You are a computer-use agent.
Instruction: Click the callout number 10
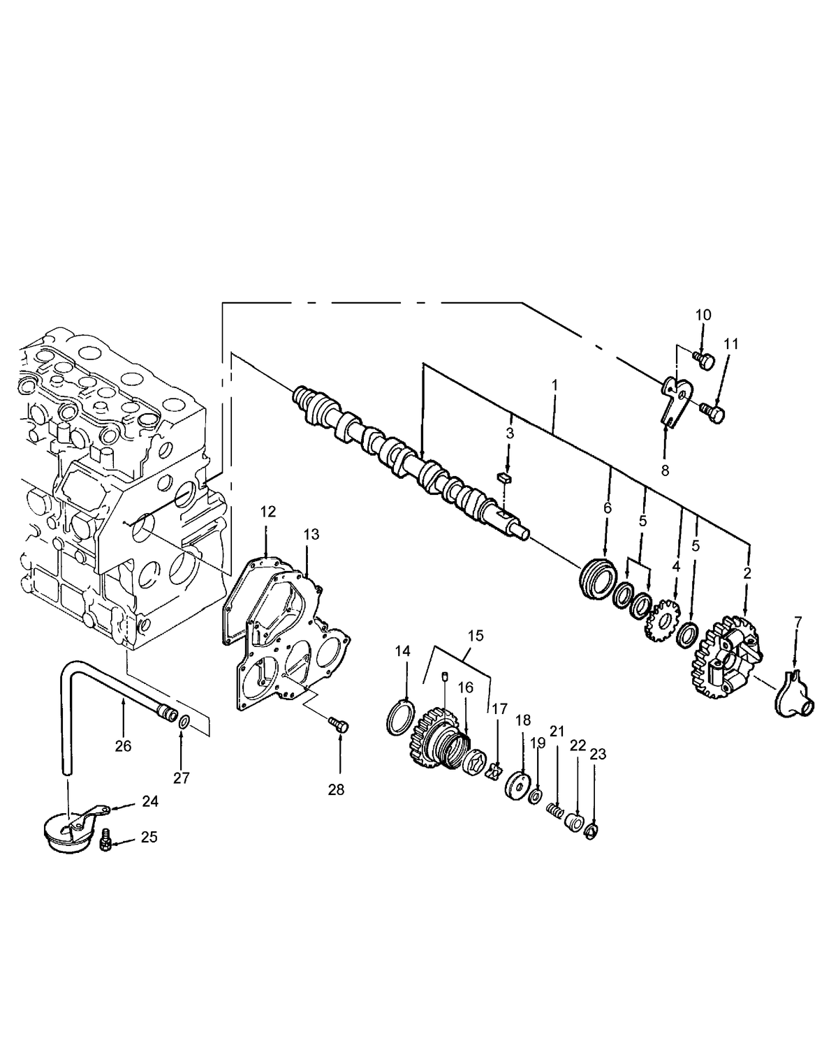[x=703, y=315]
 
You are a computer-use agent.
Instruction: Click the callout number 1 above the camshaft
[x=554, y=385]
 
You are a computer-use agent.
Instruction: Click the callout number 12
[x=268, y=512]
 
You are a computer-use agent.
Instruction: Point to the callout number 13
[x=311, y=534]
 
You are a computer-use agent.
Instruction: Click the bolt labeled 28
[x=339, y=726]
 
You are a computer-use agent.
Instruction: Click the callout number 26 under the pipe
[x=123, y=746]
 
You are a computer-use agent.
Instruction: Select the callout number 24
[x=149, y=802]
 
